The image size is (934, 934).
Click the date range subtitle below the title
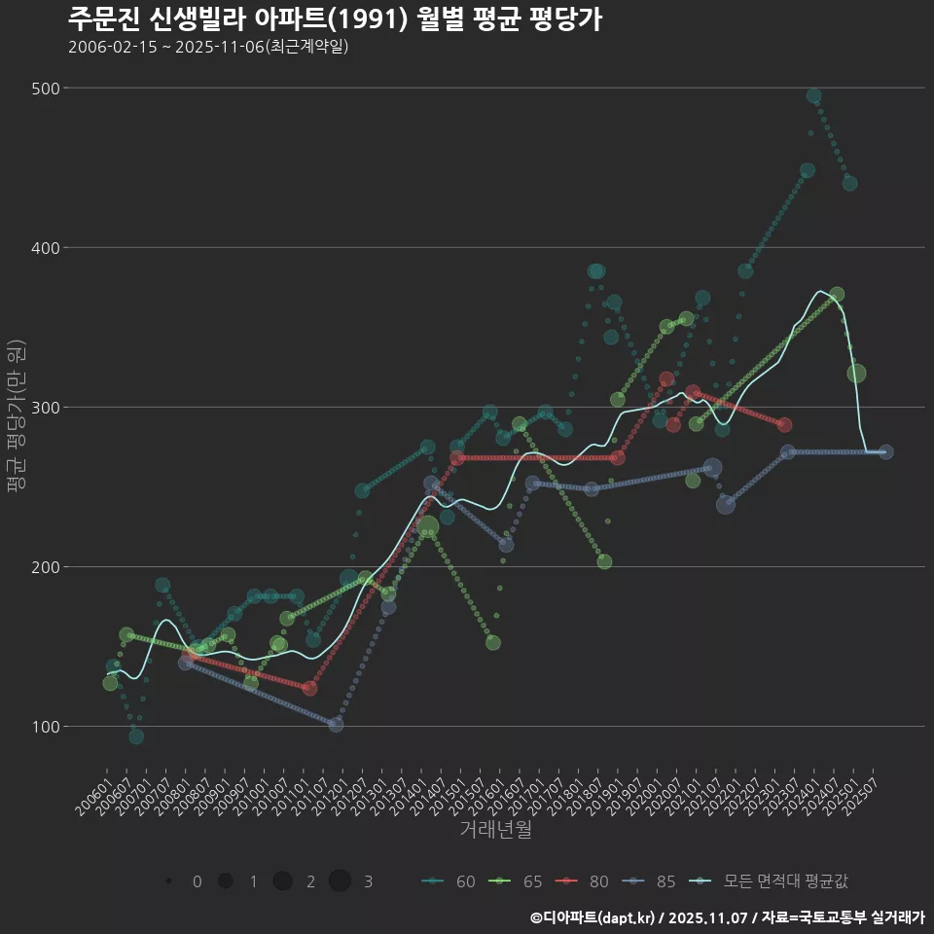click(208, 48)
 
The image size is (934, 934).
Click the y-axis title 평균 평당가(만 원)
click(15, 418)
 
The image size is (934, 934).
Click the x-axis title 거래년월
click(495, 830)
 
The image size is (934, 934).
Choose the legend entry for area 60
click(449, 881)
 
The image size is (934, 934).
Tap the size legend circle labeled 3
click(340, 881)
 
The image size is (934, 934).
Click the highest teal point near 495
click(814, 96)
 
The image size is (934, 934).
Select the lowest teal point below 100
click(136, 736)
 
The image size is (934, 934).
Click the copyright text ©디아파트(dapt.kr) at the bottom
click(593, 917)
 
